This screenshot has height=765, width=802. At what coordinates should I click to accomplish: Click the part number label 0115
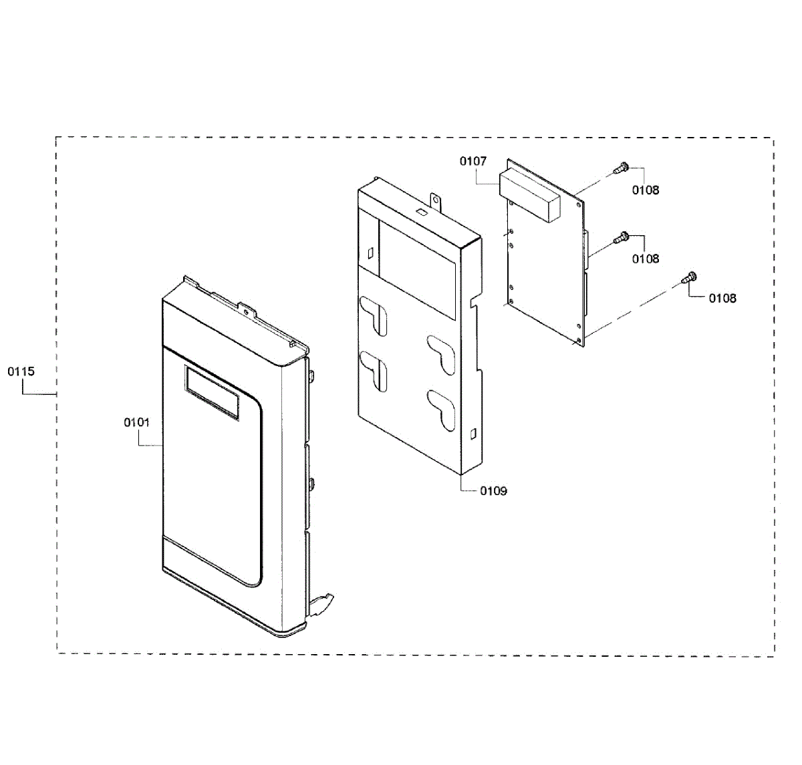coord(21,371)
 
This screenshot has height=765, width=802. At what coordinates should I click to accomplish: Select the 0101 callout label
coord(137,422)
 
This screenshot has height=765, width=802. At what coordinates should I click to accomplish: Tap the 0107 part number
coord(473,161)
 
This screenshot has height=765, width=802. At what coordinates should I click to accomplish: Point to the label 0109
coord(493,491)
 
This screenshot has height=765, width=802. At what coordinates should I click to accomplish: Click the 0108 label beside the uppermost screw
coord(646,190)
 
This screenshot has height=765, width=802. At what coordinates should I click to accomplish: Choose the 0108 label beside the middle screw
coord(646,259)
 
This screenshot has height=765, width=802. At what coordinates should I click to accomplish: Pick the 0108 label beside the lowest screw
coord(722,298)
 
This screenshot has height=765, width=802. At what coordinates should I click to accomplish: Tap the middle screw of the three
coord(622,237)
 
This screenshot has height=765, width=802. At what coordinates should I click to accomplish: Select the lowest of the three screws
coord(690,276)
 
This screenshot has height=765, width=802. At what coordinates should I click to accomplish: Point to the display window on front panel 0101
coord(212,394)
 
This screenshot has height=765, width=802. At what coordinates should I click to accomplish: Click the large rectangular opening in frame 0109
coord(418,267)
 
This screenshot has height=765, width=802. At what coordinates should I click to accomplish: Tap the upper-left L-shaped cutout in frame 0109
coord(374,314)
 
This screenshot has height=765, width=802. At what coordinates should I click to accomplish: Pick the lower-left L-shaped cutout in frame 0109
coord(374,369)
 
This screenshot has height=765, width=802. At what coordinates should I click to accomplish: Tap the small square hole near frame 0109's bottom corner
coord(474,434)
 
